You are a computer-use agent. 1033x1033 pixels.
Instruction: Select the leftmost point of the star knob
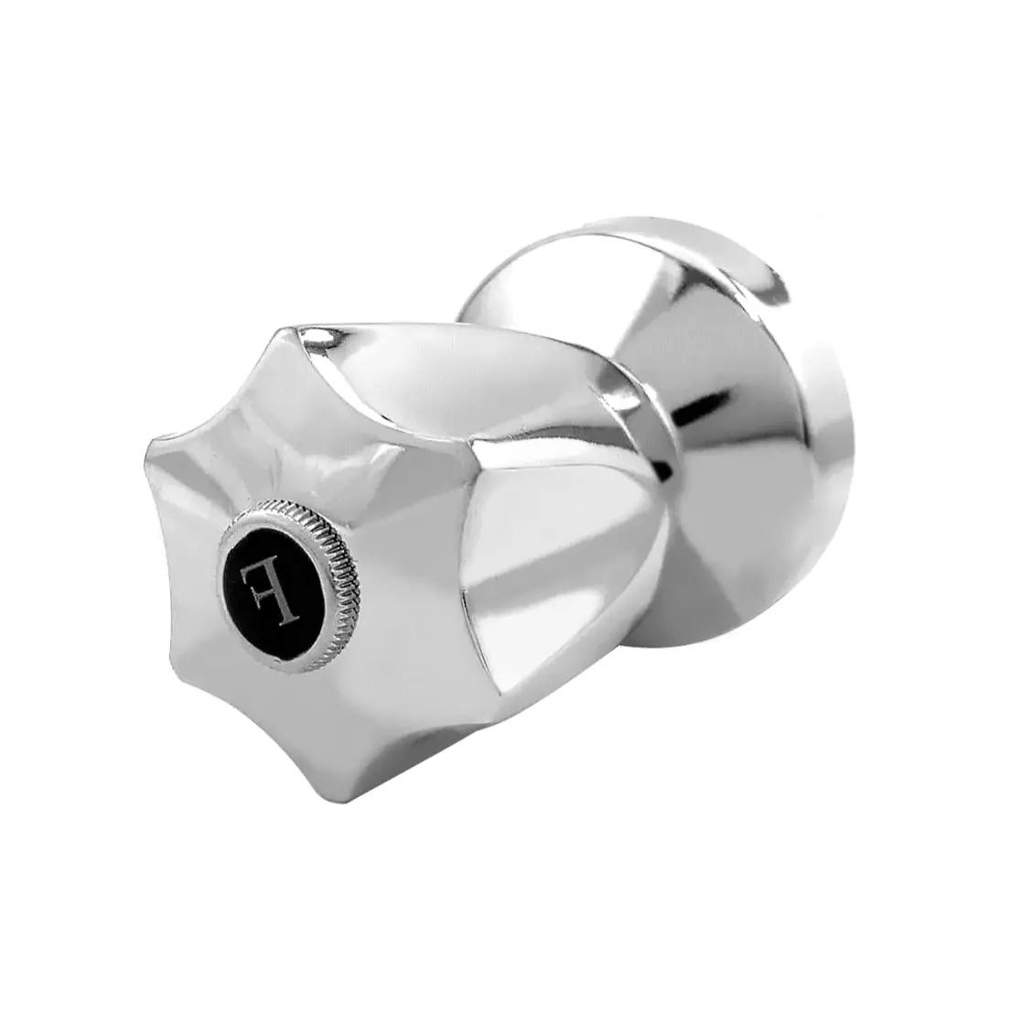pyautogui.click(x=150, y=447)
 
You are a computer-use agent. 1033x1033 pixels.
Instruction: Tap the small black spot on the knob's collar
pyautogui.click(x=665, y=470)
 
